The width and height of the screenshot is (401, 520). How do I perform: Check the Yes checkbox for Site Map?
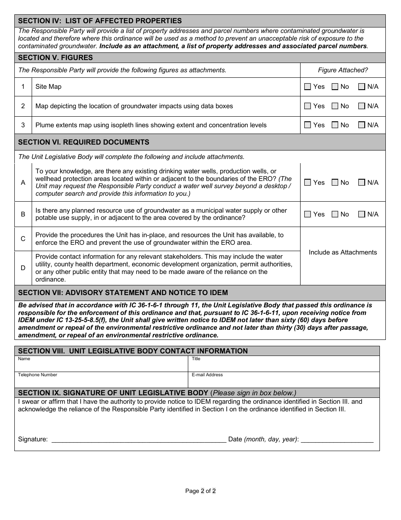click(x=308, y=87)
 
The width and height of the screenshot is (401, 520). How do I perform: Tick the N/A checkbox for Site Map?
click(x=362, y=87)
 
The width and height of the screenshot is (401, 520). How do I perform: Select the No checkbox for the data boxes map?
click(x=335, y=106)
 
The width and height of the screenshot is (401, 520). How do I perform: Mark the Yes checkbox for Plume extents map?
click(x=308, y=125)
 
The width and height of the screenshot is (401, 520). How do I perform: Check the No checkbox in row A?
click(x=335, y=183)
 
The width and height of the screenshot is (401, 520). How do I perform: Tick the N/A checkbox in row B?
click(x=362, y=214)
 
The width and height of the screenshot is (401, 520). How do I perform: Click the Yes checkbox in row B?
click(x=308, y=214)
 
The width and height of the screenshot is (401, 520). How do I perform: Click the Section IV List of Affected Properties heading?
click(x=100, y=21)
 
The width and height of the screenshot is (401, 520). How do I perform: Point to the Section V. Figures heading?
click(x=55, y=57)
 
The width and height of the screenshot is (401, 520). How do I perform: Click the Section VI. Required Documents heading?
click(x=84, y=142)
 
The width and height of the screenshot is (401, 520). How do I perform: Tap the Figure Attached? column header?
click(x=343, y=70)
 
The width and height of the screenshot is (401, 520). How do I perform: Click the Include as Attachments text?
click(x=343, y=252)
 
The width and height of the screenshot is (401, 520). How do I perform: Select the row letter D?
click(x=23, y=268)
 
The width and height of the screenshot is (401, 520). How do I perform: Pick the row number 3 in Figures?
click(x=23, y=125)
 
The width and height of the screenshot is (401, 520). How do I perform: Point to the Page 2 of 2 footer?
click(x=200, y=491)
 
